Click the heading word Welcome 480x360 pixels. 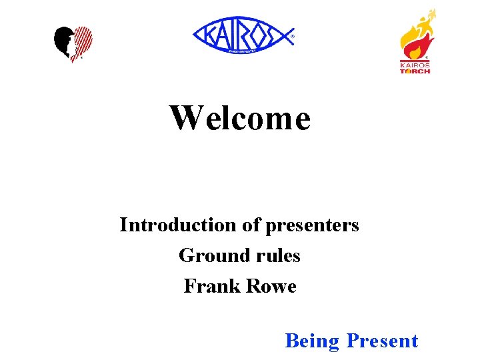coord(240,119)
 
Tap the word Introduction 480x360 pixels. coord(178,225)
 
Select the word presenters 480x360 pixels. coord(313,226)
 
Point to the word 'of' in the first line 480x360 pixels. coord(251,225)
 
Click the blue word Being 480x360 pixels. coord(312,341)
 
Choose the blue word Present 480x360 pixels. coord(382,341)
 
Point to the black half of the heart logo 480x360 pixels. coord(63,42)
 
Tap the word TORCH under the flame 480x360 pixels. coord(415,71)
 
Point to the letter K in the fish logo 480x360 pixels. coord(205,35)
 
